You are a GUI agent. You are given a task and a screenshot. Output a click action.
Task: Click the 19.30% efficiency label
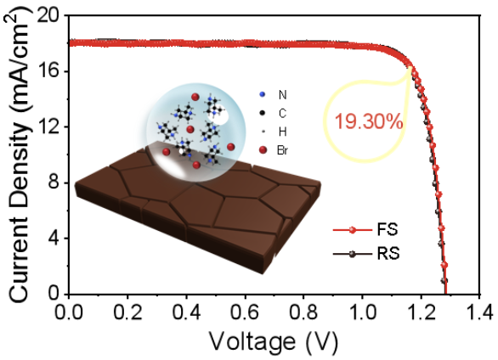(x=369, y=121)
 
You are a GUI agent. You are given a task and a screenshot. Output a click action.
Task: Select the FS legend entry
(x=365, y=229)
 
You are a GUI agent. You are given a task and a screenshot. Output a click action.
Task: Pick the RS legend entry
(x=366, y=254)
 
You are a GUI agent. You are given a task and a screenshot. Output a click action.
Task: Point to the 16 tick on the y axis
(x=50, y=71)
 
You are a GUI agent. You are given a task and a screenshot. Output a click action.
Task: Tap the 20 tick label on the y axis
(x=50, y=15)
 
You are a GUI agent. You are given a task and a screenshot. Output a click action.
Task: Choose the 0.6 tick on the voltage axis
(x=246, y=312)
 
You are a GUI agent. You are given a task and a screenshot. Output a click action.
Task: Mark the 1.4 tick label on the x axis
(x=478, y=312)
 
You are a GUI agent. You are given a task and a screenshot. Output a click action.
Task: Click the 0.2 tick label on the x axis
(x=127, y=312)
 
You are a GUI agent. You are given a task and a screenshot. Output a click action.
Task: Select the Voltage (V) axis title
(x=274, y=342)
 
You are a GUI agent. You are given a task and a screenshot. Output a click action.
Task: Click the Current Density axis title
(x=18, y=155)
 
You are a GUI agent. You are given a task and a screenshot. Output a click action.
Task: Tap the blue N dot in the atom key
(x=263, y=94)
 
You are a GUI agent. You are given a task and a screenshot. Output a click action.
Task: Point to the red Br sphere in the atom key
(x=263, y=150)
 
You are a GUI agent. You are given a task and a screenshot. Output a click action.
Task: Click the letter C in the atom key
(x=282, y=113)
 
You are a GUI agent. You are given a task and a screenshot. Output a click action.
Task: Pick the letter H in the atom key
(x=282, y=132)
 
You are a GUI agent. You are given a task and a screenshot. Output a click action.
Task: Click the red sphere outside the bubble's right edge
(x=231, y=147)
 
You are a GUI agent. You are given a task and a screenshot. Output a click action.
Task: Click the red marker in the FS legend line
(x=352, y=230)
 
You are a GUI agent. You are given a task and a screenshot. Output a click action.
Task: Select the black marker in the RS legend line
(x=352, y=254)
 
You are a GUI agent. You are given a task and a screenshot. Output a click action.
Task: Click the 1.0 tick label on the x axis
(x=362, y=312)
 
